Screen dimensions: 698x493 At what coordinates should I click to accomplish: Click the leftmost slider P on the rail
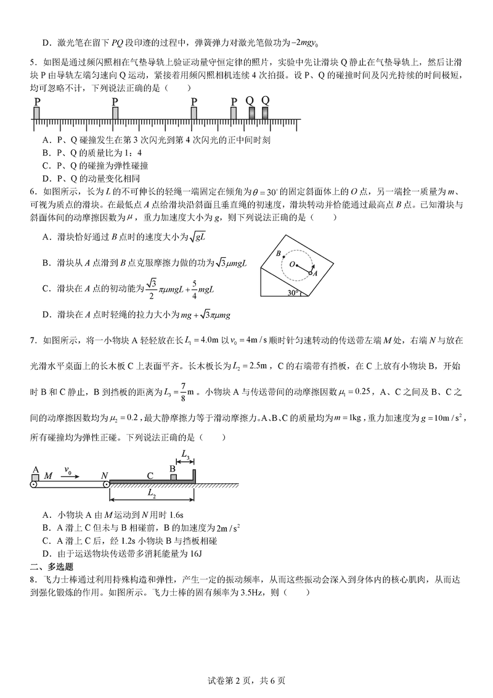(37, 113)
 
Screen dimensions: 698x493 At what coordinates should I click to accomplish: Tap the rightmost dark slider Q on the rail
(265, 113)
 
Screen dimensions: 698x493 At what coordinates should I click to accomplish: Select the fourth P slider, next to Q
(234, 113)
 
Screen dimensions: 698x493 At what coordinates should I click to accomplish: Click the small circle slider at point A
(311, 272)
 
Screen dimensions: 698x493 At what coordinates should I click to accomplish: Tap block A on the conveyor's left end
(36, 476)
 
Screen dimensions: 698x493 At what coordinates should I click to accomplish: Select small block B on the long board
(173, 476)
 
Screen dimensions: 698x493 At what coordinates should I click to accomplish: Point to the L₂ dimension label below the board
(151, 494)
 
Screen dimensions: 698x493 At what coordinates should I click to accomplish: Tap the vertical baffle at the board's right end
(194, 475)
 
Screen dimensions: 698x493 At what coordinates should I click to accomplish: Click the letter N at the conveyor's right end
(105, 475)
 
